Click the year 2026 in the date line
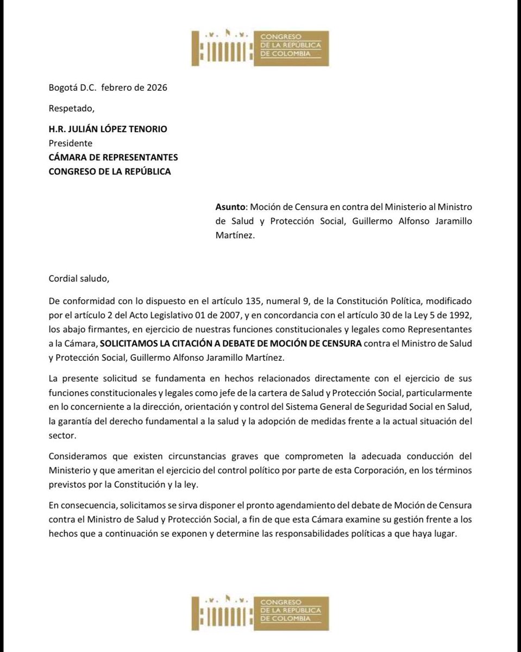(x=156, y=87)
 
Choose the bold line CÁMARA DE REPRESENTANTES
(x=111, y=157)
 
